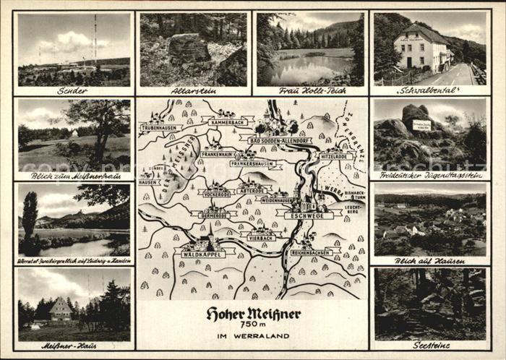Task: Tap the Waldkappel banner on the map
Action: [199, 253]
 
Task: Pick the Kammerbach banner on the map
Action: [228, 122]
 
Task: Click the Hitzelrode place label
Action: [336, 156]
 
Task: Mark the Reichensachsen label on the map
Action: [312, 252]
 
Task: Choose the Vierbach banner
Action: [261, 236]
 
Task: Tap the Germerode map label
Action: [214, 214]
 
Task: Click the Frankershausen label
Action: [252, 164]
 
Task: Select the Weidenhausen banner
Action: [277, 200]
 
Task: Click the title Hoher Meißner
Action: [253, 313]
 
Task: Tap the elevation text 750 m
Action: [253, 325]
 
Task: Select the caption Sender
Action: [72, 91]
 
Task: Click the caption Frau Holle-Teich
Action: [311, 91]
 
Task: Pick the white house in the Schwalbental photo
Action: [421, 49]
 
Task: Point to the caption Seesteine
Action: [432, 346]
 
